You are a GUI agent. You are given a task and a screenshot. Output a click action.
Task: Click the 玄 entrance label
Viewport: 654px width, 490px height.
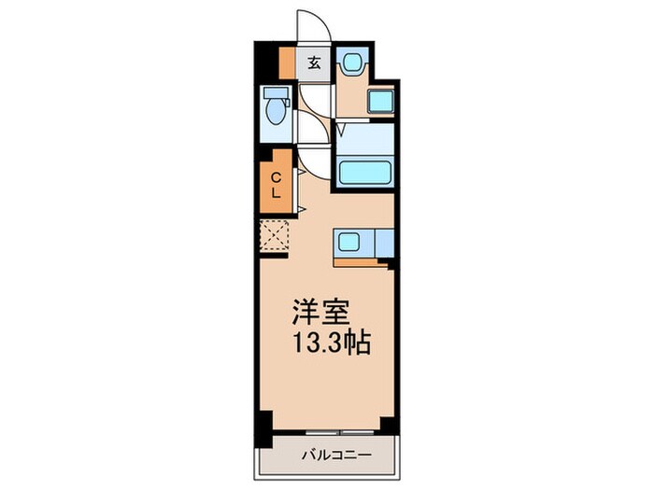[x=315, y=63]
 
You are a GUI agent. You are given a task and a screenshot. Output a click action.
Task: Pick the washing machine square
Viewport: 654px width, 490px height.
[x=381, y=101]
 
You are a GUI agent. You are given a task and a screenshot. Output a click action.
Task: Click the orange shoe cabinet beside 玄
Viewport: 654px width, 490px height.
[x=288, y=63]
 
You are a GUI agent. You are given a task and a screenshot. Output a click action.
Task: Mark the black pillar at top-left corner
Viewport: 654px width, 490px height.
[x=267, y=61]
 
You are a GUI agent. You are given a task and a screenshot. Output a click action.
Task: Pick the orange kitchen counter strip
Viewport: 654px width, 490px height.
[x=360, y=261]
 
